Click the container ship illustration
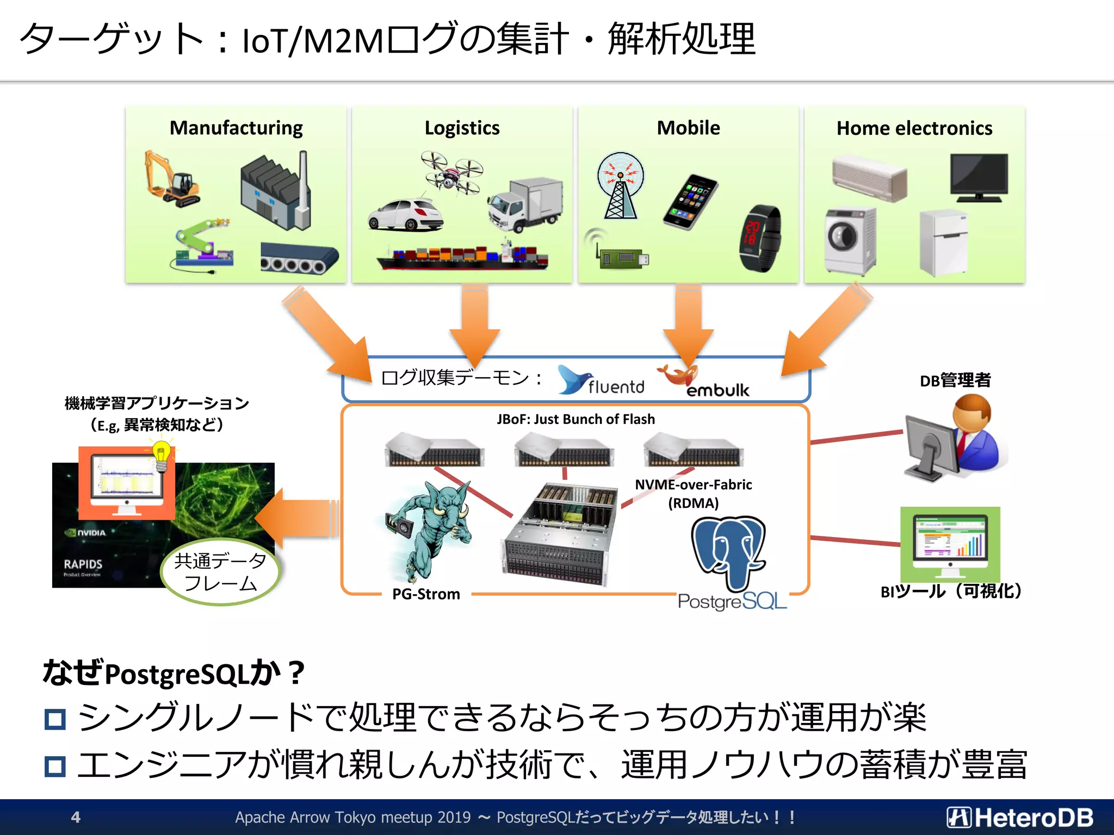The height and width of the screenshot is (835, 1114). click(462, 257)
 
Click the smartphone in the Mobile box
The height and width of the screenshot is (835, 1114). click(690, 202)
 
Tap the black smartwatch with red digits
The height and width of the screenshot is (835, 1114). click(760, 238)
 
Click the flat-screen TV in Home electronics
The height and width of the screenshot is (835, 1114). click(979, 177)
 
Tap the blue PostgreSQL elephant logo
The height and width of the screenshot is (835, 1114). click(728, 552)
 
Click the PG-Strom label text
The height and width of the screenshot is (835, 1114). click(426, 594)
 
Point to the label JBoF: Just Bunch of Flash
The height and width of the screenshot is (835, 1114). click(575, 419)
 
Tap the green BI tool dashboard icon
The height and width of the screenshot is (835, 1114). click(950, 544)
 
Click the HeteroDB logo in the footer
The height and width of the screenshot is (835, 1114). click(1020, 817)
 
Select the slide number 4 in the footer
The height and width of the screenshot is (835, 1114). click(76, 817)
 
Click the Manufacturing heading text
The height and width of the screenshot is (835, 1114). click(236, 128)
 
